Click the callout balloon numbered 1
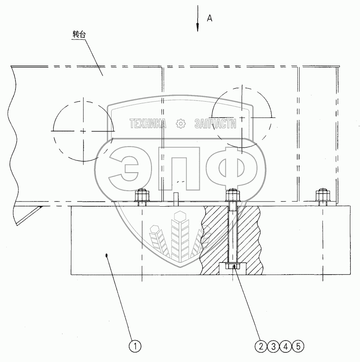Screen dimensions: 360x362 point(135,346)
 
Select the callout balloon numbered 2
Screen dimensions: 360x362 point(261,346)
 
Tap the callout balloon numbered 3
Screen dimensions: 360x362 point(274,346)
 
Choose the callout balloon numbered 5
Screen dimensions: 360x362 point(298,346)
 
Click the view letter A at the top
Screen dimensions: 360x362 point(209,18)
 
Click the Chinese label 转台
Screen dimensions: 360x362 point(79,34)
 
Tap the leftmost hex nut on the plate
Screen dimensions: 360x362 point(141,196)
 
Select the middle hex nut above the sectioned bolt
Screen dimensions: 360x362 point(232,196)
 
